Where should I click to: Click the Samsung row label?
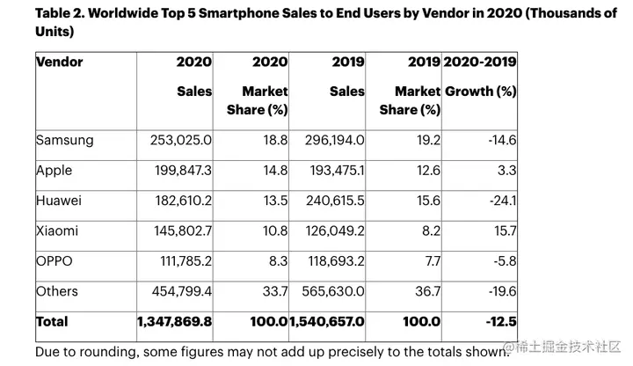(64, 139)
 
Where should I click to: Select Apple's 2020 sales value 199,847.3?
(175, 169)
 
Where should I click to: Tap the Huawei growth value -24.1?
(504, 200)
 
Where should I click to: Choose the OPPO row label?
(55, 260)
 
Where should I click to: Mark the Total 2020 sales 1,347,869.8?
(174, 322)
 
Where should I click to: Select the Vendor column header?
(60, 62)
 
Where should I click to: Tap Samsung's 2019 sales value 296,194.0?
(330, 139)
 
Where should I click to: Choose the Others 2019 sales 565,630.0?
(329, 291)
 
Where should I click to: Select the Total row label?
(52, 322)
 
